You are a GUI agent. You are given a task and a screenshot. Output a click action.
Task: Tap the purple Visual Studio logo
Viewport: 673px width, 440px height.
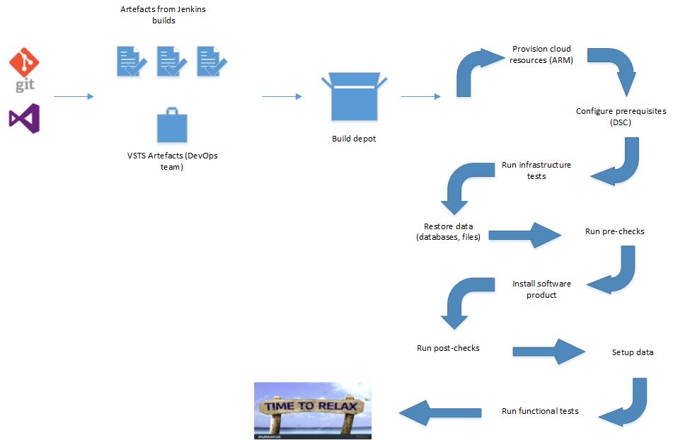(x=24, y=118)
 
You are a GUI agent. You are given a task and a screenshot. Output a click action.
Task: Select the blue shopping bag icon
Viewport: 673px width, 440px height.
(x=172, y=126)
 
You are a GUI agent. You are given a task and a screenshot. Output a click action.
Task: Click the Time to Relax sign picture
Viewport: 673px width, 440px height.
(x=313, y=410)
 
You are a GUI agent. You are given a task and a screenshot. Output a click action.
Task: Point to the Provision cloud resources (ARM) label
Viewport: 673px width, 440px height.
(x=541, y=54)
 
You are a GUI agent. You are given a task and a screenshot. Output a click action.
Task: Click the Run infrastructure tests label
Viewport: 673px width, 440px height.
(x=536, y=170)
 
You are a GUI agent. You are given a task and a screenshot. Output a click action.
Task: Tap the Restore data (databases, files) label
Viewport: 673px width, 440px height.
(x=448, y=231)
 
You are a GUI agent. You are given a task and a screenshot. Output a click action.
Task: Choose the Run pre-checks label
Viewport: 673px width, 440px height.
(x=614, y=231)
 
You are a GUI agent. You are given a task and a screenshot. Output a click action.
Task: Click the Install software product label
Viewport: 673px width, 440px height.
(x=541, y=289)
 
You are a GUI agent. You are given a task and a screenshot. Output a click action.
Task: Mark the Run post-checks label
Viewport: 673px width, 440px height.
(x=448, y=348)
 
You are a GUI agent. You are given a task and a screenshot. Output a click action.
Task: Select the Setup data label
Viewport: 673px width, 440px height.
(x=632, y=352)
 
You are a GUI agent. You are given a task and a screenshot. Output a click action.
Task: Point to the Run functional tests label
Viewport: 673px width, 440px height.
(x=540, y=410)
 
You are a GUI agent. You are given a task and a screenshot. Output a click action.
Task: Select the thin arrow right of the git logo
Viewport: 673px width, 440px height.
(x=74, y=96)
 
